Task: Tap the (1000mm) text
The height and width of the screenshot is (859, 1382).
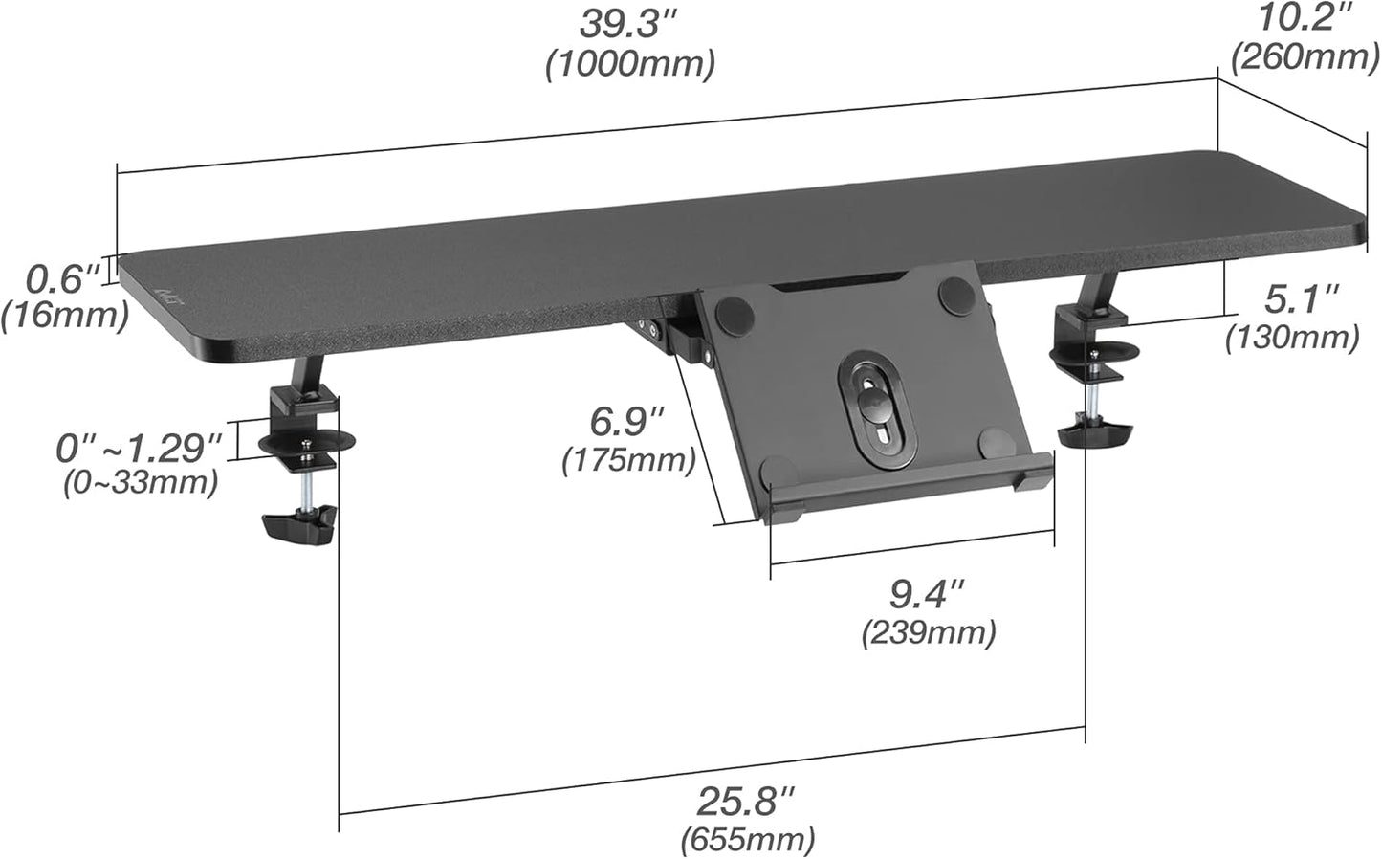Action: [x=630, y=64]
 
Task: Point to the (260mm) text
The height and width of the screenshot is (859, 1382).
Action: [x=1305, y=56]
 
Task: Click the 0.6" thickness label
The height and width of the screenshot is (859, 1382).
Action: [x=62, y=279]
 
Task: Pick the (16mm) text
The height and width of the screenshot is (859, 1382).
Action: [x=64, y=315]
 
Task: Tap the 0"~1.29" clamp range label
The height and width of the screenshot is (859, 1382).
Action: [x=139, y=447]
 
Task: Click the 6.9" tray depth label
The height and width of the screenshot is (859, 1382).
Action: [x=626, y=421]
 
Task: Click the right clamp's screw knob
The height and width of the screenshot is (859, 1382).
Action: [x=1090, y=435]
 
